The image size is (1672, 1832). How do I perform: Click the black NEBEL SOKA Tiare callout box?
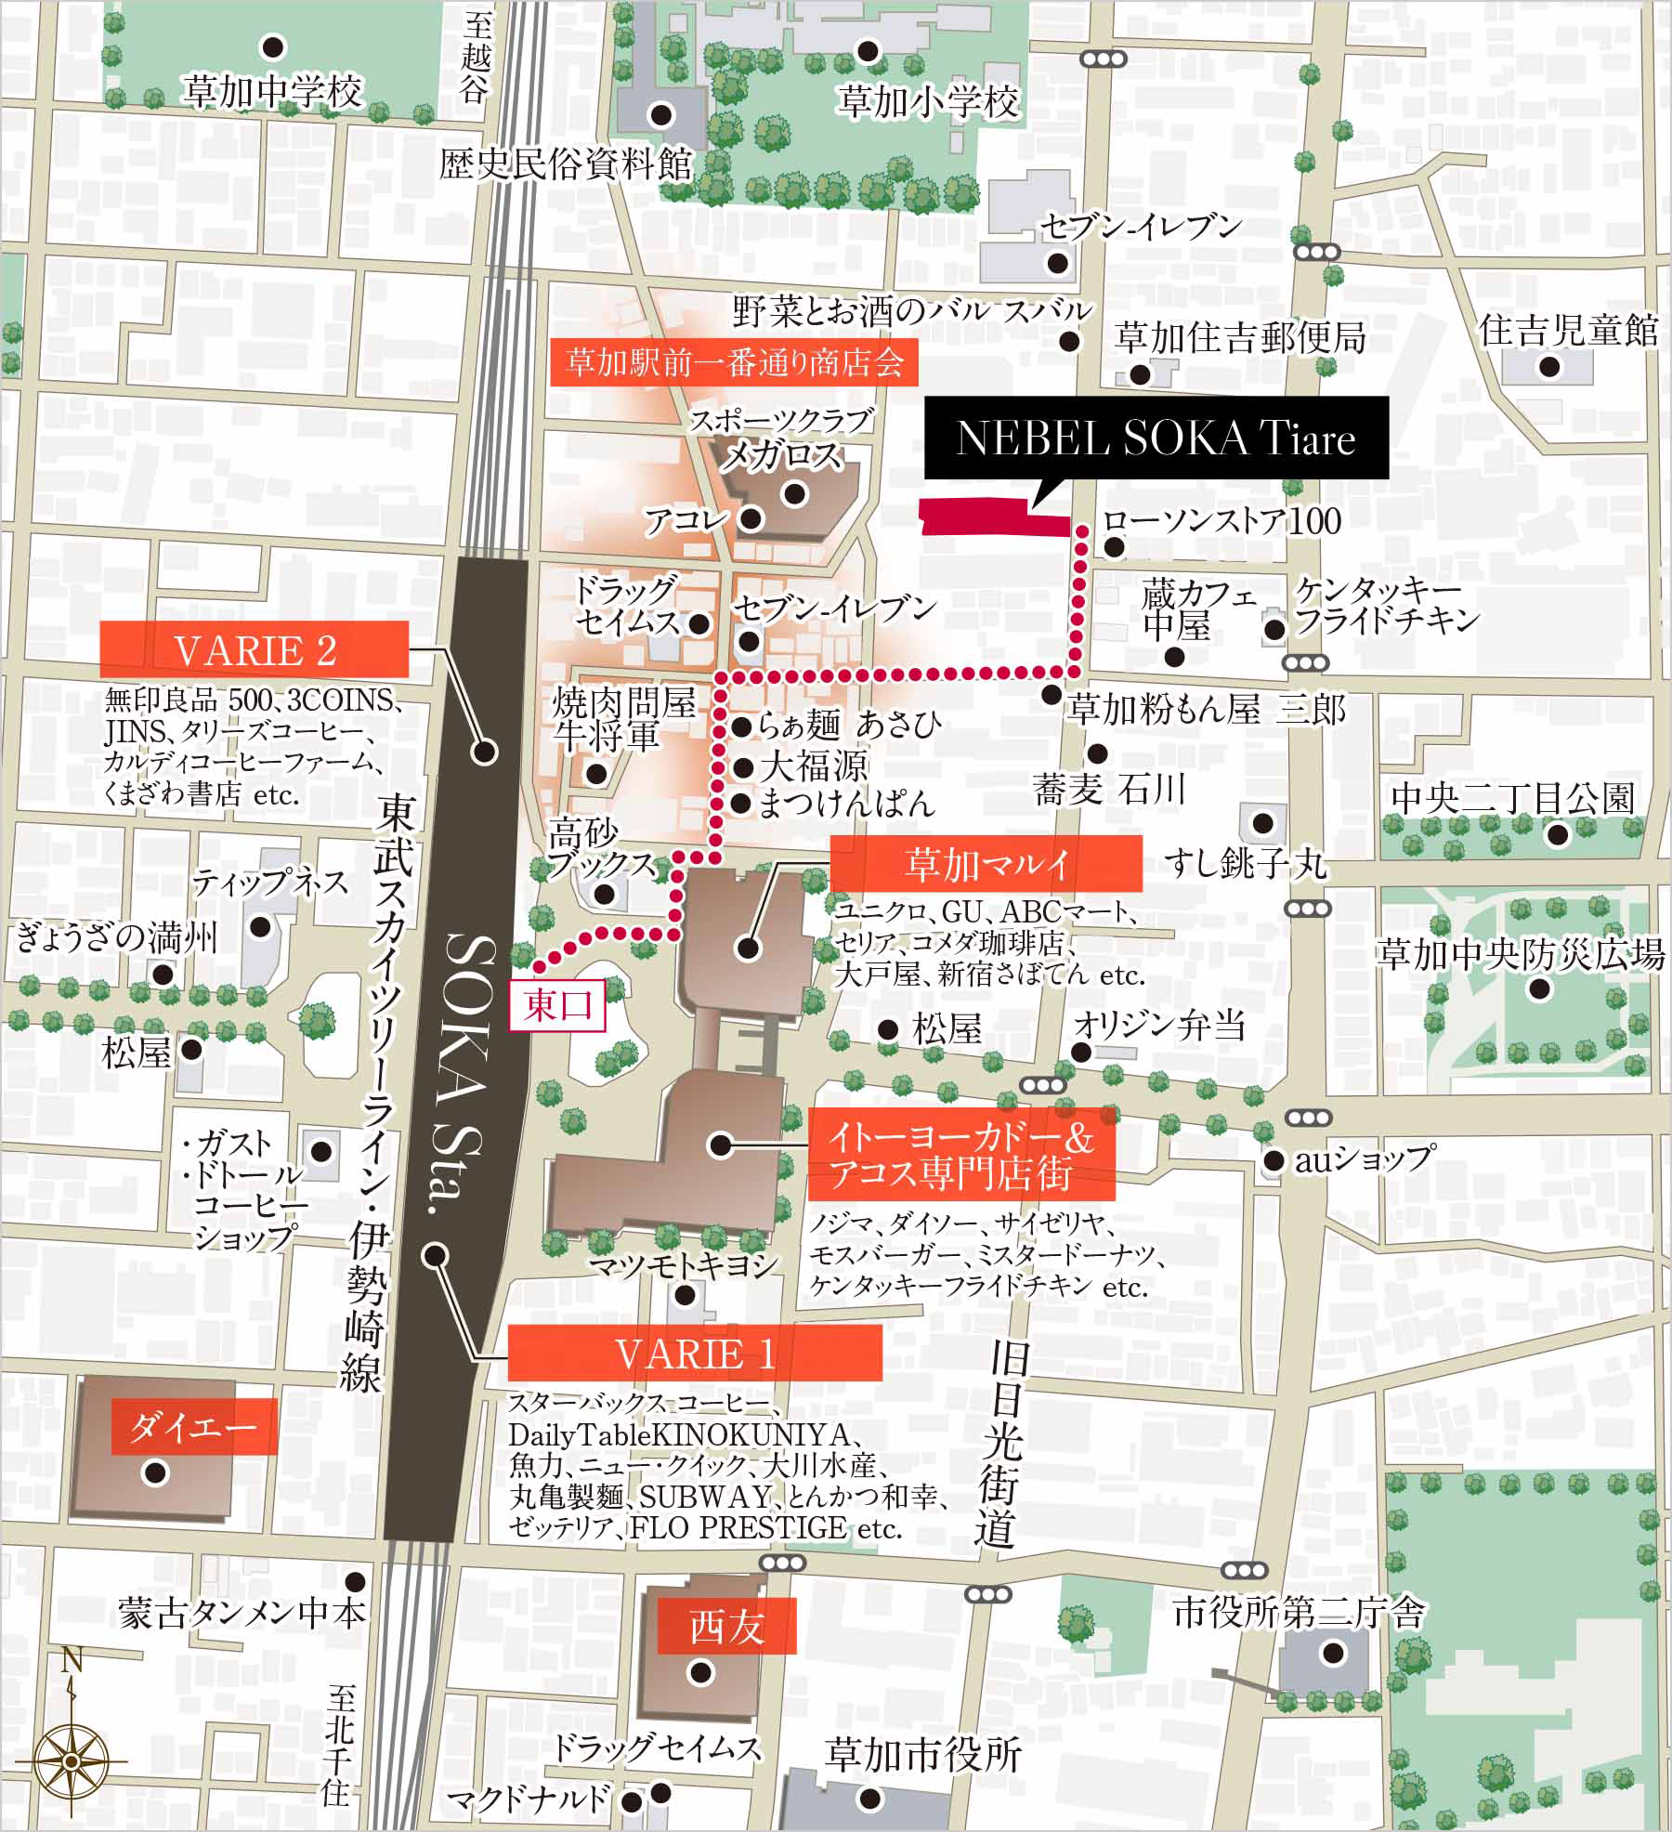pos(1156,438)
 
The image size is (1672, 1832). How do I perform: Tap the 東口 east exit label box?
pos(557,1004)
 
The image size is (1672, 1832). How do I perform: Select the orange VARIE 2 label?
pos(255,649)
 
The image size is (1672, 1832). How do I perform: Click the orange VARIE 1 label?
pos(695,1354)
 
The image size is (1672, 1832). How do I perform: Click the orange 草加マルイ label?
pos(986,864)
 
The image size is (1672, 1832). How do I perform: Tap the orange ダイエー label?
pos(193,1426)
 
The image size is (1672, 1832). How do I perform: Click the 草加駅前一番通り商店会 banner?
pos(734,361)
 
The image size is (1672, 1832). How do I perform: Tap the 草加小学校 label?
pos(928,101)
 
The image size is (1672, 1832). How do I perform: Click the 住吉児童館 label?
pos(1568,330)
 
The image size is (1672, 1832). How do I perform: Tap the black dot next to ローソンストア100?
pos(1115,547)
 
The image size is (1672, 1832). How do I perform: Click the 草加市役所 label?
pos(923,1755)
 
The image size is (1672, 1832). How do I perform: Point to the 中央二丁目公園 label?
pos(1512,798)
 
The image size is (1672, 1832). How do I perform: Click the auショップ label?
pos(1364,1158)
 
